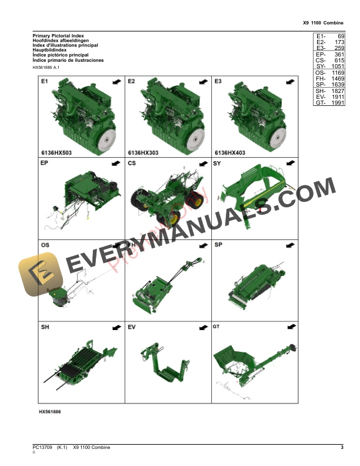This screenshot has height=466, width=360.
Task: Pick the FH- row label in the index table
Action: click(321, 76)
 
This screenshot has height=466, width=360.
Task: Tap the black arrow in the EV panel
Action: click(203, 327)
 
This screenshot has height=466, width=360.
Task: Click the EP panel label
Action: click(45, 163)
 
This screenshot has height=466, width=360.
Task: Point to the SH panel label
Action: click(45, 327)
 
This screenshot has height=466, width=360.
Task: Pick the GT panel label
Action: click(217, 326)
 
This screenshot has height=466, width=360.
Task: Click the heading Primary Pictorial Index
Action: click(58, 36)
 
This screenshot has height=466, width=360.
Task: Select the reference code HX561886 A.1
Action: click(47, 68)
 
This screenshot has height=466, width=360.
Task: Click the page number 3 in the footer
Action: click(342, 449)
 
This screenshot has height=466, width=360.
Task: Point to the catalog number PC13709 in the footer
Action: click(43, 449)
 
